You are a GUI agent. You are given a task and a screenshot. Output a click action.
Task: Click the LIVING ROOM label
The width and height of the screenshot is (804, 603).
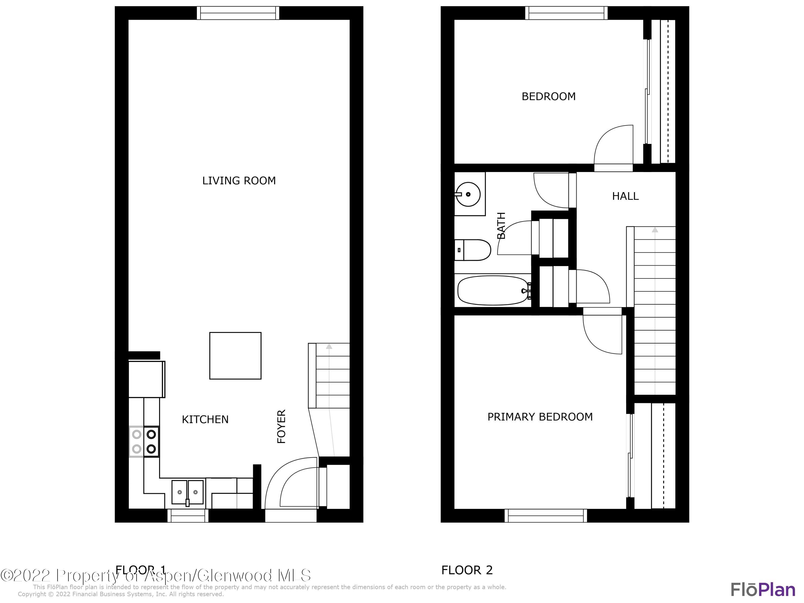pyautogui.click(x=239, y=181)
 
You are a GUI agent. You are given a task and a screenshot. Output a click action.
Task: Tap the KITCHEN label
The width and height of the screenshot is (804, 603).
pyautogui.click(x=205, y=419)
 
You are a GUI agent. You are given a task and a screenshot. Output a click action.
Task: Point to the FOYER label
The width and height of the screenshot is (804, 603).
pyautogui.click(x=282, y=426)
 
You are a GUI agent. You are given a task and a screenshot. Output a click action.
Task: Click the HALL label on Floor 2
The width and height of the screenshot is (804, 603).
pyautogui.click(x=625, y=196)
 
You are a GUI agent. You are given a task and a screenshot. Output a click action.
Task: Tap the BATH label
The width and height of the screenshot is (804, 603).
pyautogui.click(x=501, y=225)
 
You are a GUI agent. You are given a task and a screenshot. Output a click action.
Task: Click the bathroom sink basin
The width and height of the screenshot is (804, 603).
pyautogui.click(x=468, y=194)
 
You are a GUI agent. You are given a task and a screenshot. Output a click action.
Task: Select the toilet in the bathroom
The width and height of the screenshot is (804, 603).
pyautogui.click(x=472, y=250)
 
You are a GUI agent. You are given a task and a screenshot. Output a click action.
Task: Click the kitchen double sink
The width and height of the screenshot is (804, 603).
pyautogui.click(x=188, y=492)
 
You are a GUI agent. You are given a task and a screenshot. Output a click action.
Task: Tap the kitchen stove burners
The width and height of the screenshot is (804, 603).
pyautogui.click(x=144, y=441)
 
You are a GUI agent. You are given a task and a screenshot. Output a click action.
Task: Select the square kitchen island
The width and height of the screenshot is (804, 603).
pyautogui.click(x=235, y=355)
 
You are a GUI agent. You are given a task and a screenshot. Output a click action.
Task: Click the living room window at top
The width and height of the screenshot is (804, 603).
pyautogui.click(x=238, y=13)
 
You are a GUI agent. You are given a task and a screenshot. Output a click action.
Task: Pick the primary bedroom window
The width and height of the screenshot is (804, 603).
pyautogui.click(x=546, y=515)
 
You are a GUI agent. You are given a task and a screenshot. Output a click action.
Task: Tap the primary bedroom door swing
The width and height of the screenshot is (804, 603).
pyautogui.click(x=602, y=333)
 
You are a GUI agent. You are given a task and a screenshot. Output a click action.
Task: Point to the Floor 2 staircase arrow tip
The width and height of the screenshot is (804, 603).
pyautogui.click(x=655, y=230)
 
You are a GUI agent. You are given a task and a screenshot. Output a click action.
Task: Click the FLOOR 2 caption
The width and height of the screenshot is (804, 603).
pyautogui.click(x=467, y=570)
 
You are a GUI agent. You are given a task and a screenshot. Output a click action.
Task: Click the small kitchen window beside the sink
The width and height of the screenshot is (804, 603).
pyautogui.click(x=188, y=515)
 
